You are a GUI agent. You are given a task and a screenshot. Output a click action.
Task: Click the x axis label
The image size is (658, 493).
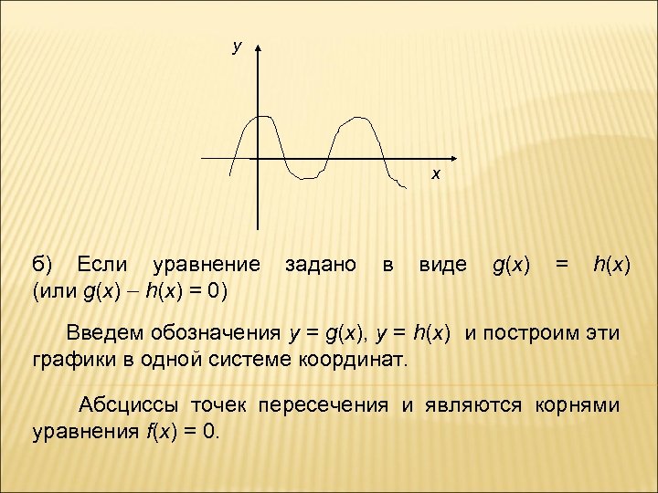coord(436,173)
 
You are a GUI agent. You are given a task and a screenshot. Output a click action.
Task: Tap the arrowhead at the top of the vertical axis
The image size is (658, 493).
coord(260,46)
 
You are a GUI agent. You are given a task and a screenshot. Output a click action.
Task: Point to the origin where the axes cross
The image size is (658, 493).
coord(260,158)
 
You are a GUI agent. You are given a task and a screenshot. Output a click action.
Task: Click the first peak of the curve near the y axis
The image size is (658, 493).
coord(263,116)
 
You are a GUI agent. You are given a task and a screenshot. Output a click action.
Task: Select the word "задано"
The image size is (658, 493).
coord(321,266)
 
